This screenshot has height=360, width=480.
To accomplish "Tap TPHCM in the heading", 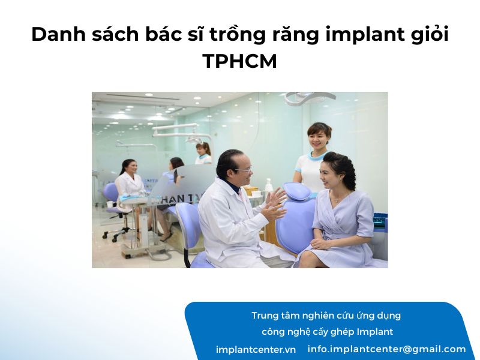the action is (x=239, y=61).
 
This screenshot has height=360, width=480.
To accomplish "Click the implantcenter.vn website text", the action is (x=256, y=350).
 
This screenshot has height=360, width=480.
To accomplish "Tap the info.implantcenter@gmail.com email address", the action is (x=386, y=349).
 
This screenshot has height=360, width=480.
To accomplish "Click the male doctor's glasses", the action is (x=244, y=169).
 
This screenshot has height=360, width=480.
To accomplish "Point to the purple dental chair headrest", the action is (x=297, y=190).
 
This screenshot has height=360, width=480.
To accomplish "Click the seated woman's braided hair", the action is (x=345, y=169).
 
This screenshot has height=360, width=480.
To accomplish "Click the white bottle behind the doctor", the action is (x=268, y=185).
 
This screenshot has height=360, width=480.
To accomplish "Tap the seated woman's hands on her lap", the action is (x=320, y=244).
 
